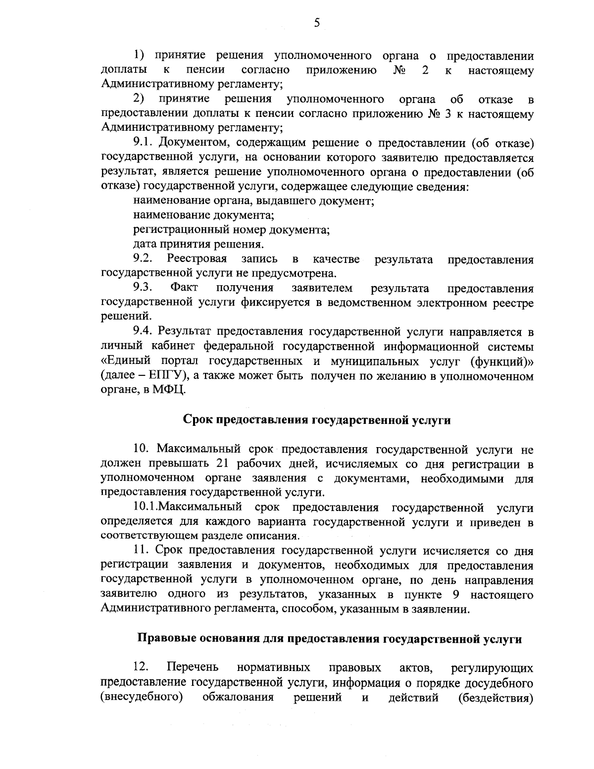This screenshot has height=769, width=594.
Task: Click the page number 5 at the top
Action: pyautogui.click(x=317, y=23)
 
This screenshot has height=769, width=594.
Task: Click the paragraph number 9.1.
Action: pyautogui.click(x=145, y=144)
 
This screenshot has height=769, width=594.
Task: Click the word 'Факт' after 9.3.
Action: pyautogui.click(x=184, y=288)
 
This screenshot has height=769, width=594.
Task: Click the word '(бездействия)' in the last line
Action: pyautogui.click(x=495, y=698)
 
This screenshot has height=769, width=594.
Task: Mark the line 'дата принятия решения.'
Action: pyautogui.click(x=198, y=244)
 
